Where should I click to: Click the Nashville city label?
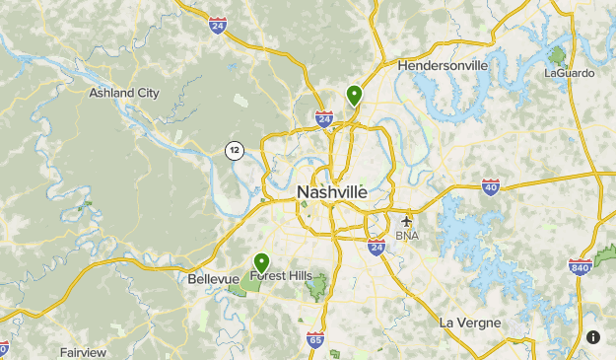pos(331,192)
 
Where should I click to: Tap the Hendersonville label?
pos(443,65)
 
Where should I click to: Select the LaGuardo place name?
pos(570,72)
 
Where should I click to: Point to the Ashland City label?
pos(124,93)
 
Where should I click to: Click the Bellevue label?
pos(213,279)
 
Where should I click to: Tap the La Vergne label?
pos(470,323)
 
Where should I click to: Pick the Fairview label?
pos(83,351)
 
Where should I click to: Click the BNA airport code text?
pos(406,236)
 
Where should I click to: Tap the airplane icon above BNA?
pos(406,220)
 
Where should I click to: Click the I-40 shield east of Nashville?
pos(491,186)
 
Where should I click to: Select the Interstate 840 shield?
pos(580,266)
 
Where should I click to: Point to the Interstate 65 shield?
pos(315,340)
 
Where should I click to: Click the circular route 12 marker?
pos(234,150)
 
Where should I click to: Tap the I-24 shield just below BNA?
pos(376,247)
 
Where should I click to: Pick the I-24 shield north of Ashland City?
pos(218,25)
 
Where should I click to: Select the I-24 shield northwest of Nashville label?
pos(323,119)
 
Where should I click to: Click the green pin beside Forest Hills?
pos(261,262)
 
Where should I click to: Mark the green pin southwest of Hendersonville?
pos(354,95)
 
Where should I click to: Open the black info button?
pos(593,336)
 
